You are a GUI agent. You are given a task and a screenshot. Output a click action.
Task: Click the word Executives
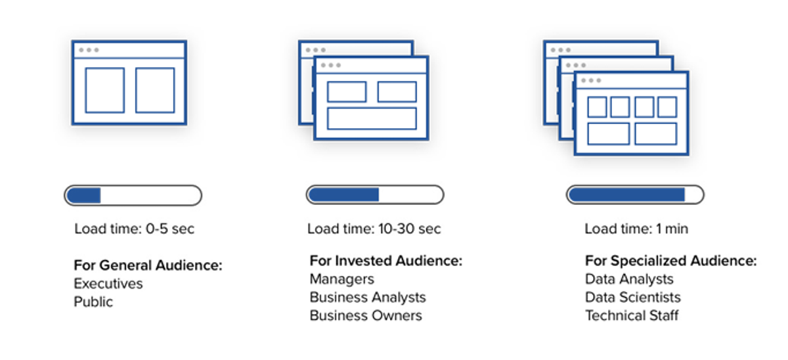click(x=108, y=284)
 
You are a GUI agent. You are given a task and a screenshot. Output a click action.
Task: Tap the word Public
click(x=93, y=302)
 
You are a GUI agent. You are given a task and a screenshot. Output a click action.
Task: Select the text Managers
click(x=342, y=279)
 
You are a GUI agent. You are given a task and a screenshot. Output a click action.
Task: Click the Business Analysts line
click(x=368, y=298)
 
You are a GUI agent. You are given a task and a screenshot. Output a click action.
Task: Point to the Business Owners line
click(x=366, y=316)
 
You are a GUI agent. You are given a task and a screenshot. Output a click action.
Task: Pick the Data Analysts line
click(x=629, y=279)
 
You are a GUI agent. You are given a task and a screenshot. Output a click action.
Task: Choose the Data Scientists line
click(x=633, y=298)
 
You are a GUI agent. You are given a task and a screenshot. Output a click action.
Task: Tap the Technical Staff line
click(x=632, y=316)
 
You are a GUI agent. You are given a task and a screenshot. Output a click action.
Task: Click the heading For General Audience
click(x=148, y=265)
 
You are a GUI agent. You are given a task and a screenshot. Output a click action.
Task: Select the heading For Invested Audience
click(x=386, y=261)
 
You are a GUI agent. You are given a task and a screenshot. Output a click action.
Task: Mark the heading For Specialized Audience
click(x=671, y=261)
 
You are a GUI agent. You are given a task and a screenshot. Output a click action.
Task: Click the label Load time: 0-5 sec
click(x=135, y=229)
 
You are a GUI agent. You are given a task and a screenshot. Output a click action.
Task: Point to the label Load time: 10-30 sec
click(x=374, y=229)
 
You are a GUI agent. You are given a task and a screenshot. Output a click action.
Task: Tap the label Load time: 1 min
click(x=636, y=229)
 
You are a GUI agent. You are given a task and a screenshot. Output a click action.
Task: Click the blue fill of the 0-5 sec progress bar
click(x=84, y=195)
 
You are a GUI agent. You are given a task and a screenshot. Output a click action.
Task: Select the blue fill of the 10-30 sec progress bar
click(x=344, y=194)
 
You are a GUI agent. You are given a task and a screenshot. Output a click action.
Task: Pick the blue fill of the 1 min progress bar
click(x=627, y=194)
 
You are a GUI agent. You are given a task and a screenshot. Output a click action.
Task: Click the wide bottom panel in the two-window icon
click(x=372, y=119)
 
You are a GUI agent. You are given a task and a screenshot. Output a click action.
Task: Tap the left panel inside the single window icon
click(x=105, y=91)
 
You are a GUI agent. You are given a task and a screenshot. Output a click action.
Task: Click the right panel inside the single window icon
click(x=155, y=91)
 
